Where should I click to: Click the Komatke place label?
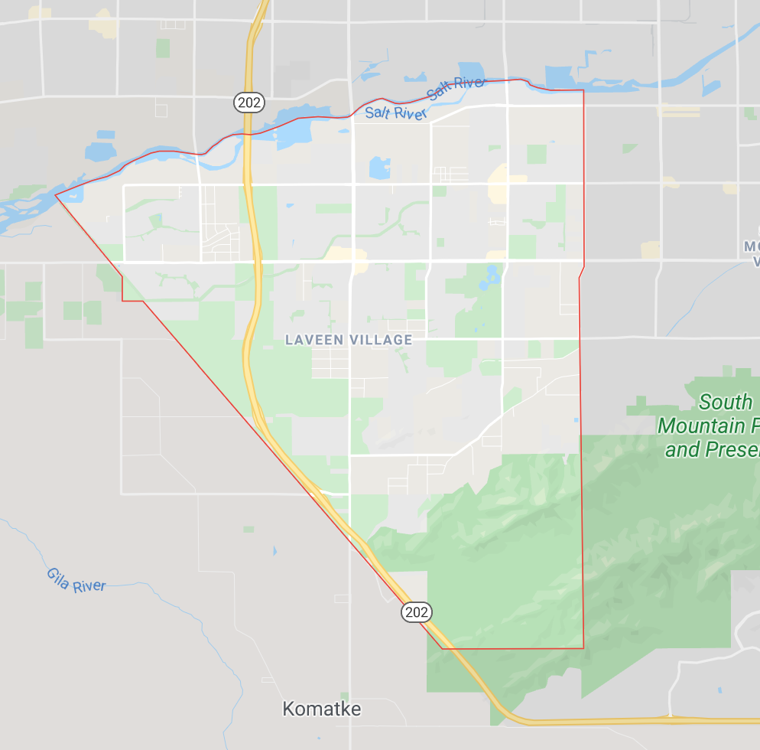tap(321, 709)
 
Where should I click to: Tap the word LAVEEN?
tap(313, 340)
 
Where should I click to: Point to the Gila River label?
tap(76, 579)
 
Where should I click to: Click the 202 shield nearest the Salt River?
tap(249, 101)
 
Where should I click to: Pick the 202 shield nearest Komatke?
tap(417, 611)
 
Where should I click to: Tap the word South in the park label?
tap(726, 402)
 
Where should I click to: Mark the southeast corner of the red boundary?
tap(583, 648)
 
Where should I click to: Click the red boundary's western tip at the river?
tap(56, 194)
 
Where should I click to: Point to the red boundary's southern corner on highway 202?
tap(443, 648)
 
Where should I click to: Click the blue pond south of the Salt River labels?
tap(378, 168)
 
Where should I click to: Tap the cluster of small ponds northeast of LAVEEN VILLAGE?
tap(489, 279)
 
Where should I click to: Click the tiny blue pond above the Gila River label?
tap(274, 550)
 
